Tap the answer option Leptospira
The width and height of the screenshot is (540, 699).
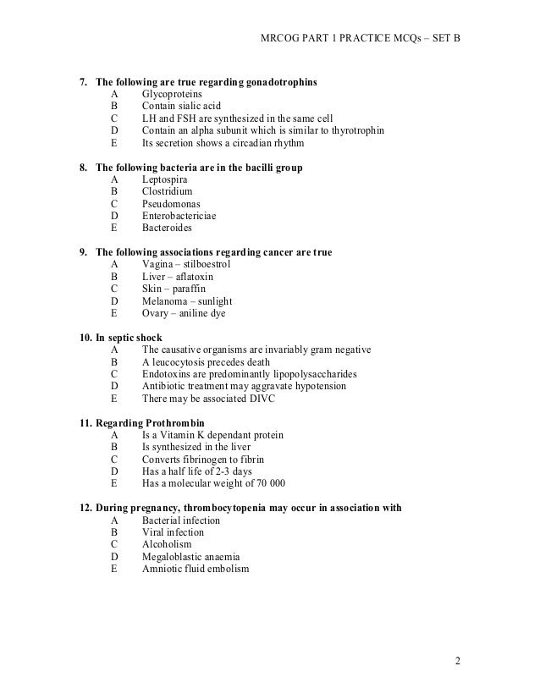coord(165,179)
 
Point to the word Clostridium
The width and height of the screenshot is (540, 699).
coord(168,192)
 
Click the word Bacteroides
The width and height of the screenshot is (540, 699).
coord(168,228)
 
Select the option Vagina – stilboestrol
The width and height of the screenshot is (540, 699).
coord(185,264)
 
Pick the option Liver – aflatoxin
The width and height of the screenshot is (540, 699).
coord(178,277)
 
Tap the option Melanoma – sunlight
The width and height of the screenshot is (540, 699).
coord(187,300)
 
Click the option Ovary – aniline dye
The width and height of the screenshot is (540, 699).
coord(184,312)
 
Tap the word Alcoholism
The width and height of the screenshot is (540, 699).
coord(167,544)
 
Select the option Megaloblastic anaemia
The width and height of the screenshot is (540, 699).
coord(190,557)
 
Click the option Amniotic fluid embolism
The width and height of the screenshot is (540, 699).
coord(196,569)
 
